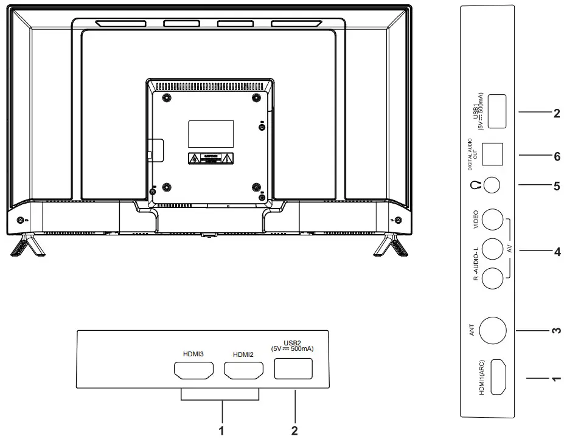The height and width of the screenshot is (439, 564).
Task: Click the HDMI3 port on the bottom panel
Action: [x=193, y=370]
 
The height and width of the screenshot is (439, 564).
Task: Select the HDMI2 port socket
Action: [x=243, y=370]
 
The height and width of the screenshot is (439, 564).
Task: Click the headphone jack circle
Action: [x=493, y=185]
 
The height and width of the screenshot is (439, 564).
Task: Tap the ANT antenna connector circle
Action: [x=493, y=331]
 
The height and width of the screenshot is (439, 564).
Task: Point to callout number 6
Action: [x=556, y=156]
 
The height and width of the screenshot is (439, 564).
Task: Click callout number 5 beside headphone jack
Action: [x=556, y=185]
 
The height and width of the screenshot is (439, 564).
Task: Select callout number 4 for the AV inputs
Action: [x=556, y=250]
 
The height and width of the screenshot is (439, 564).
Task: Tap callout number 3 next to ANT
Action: [x=556, y=331]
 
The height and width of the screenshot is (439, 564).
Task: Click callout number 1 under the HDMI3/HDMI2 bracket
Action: [x=221, y=430]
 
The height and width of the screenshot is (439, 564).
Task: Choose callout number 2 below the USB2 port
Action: [x=294, y=430]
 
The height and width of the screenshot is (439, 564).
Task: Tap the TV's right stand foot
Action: [x=391, y=246]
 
